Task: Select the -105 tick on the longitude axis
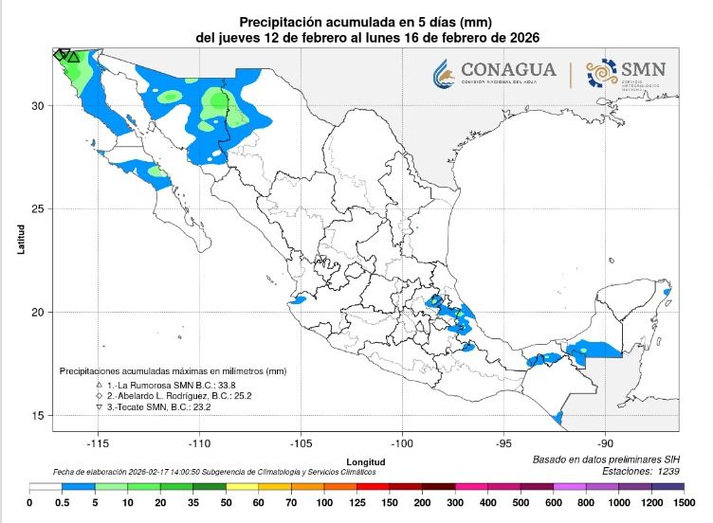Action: [x=301, y=442]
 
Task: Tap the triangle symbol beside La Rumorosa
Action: [x=100, y=386]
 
